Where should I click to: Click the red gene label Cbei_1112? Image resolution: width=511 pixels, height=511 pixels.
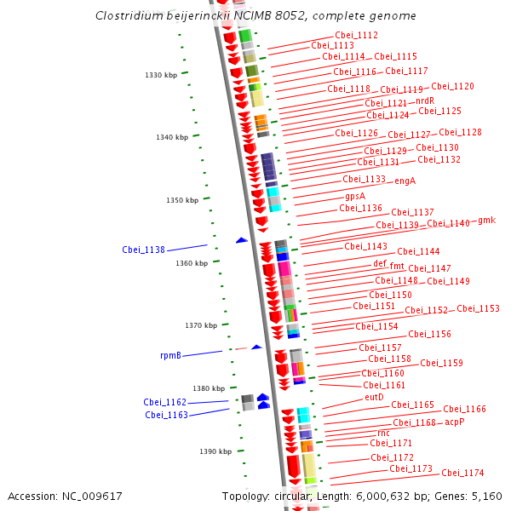(357, 35)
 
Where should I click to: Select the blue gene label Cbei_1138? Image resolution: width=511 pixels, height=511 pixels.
(143, 250)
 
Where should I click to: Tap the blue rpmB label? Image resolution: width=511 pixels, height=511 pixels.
(170, 355)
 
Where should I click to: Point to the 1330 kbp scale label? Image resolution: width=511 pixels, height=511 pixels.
(161, 75)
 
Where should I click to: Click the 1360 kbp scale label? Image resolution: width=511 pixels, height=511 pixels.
(192, 263)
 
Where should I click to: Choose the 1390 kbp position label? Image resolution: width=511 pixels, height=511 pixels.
(215, 451)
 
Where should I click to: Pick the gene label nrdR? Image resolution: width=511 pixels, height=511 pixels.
(425, 100)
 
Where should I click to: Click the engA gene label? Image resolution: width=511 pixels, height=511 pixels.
(405, 181)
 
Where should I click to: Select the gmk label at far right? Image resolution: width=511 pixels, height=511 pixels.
(487, 221)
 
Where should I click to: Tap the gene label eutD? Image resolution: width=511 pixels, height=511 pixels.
(374, 397)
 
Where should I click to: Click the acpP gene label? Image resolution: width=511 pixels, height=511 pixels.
(455, 422)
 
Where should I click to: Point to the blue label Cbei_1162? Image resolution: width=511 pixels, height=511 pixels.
(165, 402)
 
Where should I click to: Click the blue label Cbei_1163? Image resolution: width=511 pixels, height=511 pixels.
(167, 415)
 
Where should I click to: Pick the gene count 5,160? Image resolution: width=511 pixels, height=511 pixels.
(487, 497)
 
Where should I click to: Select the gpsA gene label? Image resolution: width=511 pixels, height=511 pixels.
(355, 197)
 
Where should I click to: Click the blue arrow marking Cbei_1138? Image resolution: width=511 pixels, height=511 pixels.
(242, 240)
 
